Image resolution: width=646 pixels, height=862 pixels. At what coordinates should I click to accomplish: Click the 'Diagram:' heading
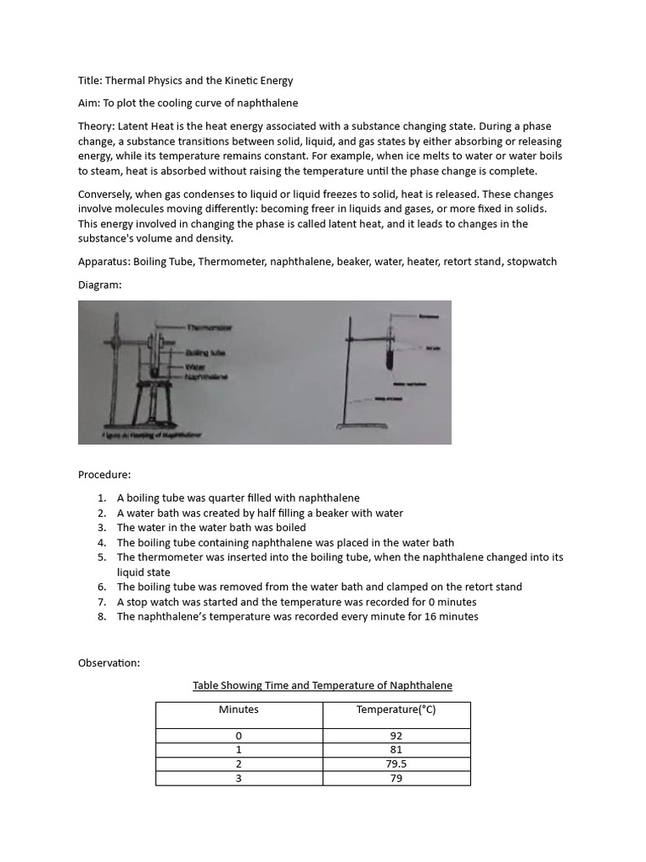pyautogui.click(x=100, y=285)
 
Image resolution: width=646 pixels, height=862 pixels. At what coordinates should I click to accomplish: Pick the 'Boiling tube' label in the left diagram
pyautogui.click(x=205, y=354)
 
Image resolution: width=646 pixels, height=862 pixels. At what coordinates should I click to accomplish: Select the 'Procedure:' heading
pyautogui.click(x=104, y=475)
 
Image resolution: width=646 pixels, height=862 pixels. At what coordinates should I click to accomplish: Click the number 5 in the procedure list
pyautogui.click(x=101, y=557)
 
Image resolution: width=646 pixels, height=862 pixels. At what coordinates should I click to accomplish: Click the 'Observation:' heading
pyautogui.click(x=109, y=663)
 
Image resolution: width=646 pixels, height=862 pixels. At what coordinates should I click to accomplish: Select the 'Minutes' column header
pyautogui.click(x=239, y=710)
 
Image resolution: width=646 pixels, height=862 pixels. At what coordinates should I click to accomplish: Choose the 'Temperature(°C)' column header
pyautogui.click(x=396, y=710)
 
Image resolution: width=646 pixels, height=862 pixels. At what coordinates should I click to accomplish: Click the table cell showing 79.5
pyautogui.click(x=396, y=764)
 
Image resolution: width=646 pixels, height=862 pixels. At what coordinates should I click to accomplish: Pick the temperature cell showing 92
pyautogui.click(x=396, y=736)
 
